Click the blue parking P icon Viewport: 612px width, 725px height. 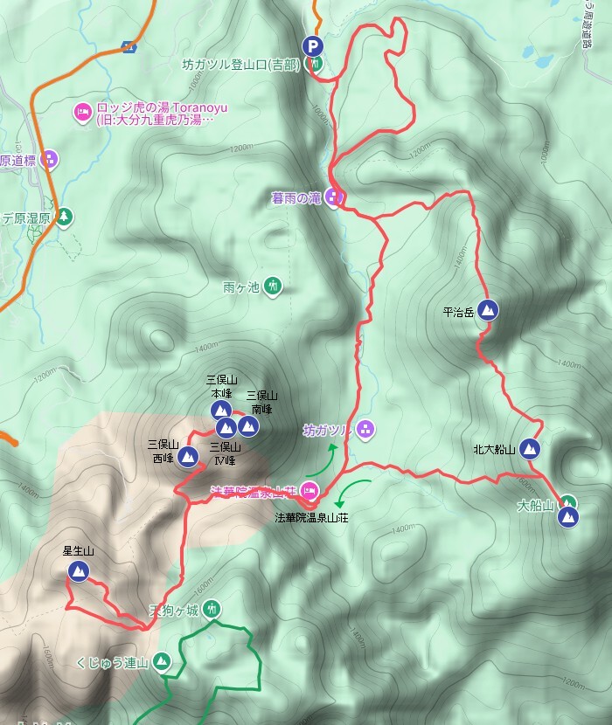point(311,46)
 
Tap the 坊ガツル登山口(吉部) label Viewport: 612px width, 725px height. point(240,65)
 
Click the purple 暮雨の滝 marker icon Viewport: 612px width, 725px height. point(333,197)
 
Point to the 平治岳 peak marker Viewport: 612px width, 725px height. point(490,309)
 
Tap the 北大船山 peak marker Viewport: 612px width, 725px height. point(529,449)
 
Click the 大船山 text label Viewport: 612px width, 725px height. point(536,505)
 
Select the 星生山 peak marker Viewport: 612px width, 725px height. point(78,571)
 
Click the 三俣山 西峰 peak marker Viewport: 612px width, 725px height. point(188,455)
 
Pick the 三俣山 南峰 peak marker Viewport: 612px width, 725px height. point(248,425)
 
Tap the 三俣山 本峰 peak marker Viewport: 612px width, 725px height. point(221,410)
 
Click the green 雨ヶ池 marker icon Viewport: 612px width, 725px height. point(273,286)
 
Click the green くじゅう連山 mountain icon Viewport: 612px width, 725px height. point(161,661)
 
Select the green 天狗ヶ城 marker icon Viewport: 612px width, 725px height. point(212,609)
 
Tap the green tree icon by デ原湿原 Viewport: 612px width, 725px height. point(63,216)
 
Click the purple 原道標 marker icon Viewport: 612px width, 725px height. point(50,159)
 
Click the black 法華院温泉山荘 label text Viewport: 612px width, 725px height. point(317,517)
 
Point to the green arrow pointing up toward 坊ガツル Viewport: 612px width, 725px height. point(323,459)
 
